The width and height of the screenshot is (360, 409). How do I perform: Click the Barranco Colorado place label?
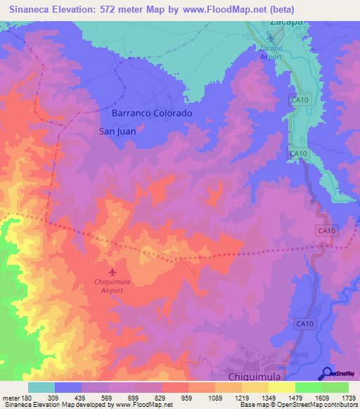[x=152, y=112]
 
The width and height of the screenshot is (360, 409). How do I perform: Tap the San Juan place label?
[x=117, y=131]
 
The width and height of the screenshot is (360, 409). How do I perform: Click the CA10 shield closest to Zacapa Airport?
[x=300, y=100]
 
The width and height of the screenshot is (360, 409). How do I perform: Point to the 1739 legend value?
[x=348, y=397]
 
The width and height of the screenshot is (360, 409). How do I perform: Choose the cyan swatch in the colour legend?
[x=41, y=387]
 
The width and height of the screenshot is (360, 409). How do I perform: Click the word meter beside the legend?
[x=11, y=397]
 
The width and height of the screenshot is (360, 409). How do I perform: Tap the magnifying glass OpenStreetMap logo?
[x=326, y=374]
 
